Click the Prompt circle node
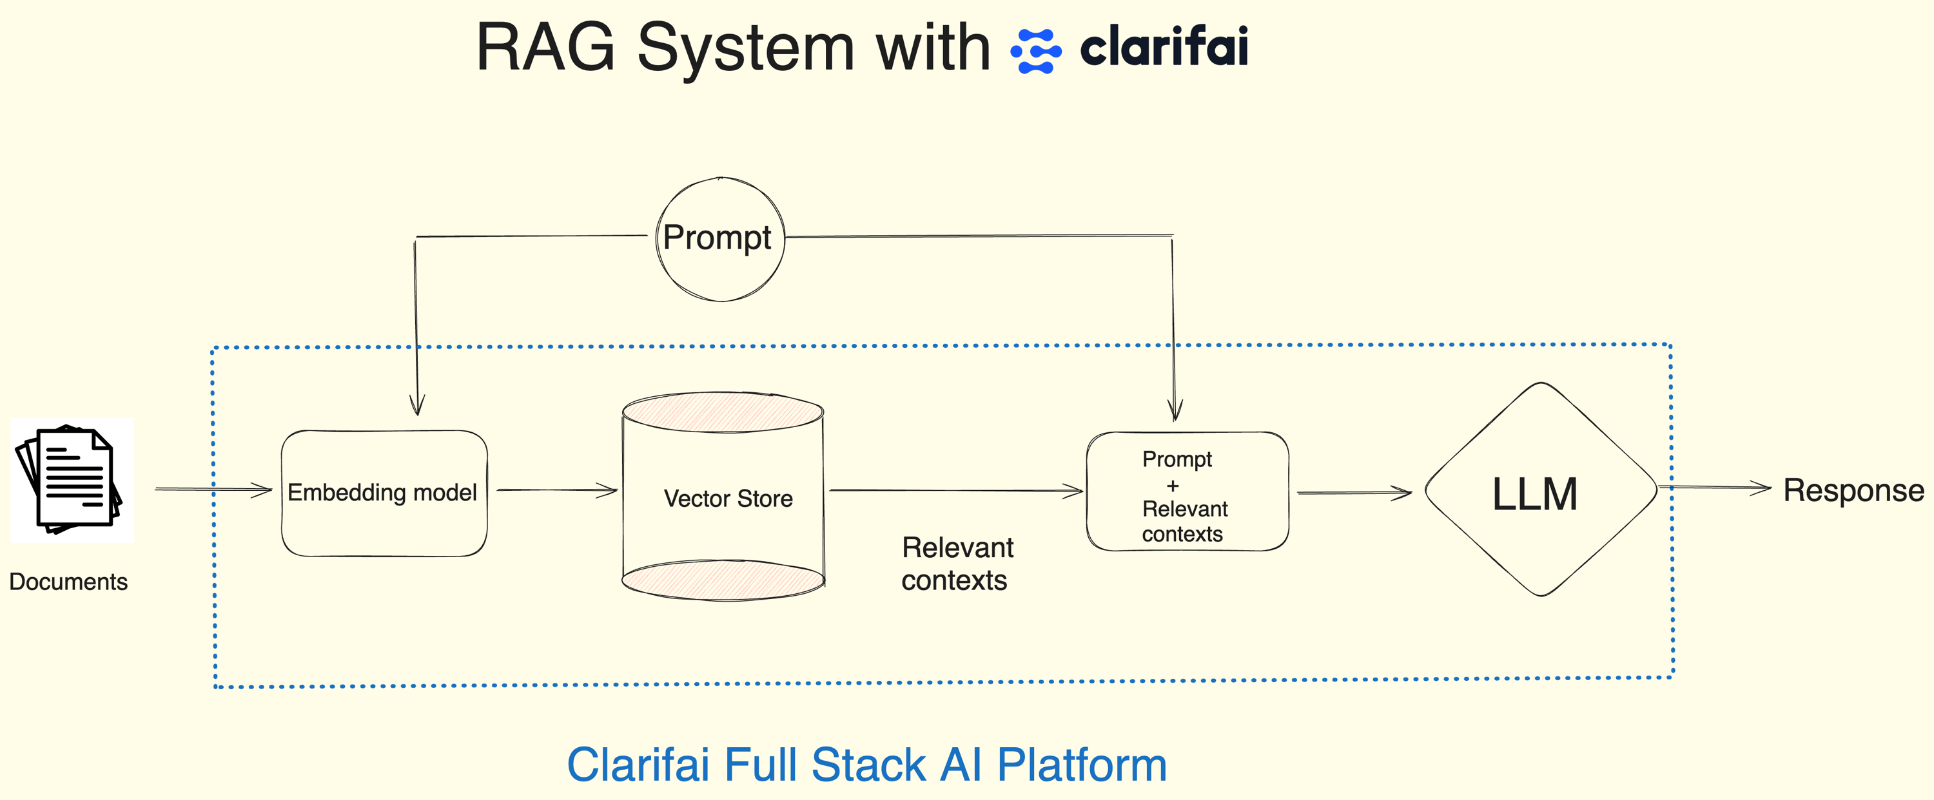click(719, 239)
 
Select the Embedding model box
click(384, 492)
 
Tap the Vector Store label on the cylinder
click(727, 499)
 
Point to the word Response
click(1853, 490)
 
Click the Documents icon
click(70, 481)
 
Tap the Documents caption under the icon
click(68, 582)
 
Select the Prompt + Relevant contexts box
click(1186, 492)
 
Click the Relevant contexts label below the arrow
click(957, 564)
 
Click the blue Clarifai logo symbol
click(1036, 50)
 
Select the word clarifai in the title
click(1163, 46)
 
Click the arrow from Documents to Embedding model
click(213, 490)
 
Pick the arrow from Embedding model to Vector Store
click(556, 490)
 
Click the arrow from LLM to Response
click(1715, 488)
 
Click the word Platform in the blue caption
click(1081, 765)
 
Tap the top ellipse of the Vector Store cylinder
click(723, 412)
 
